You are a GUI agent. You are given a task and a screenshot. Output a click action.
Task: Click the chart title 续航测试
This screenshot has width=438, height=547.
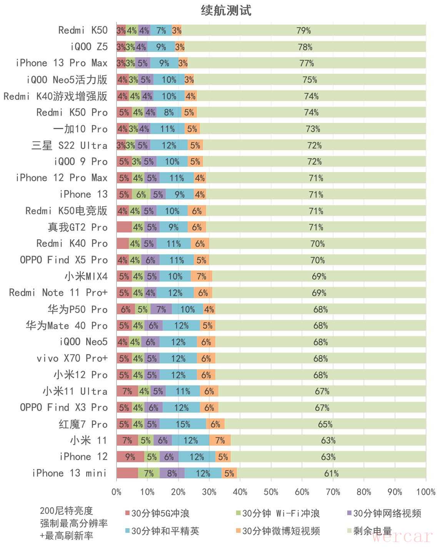coord(226,10)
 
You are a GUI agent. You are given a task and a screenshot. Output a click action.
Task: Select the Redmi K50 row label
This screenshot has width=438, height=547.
coord(83,30)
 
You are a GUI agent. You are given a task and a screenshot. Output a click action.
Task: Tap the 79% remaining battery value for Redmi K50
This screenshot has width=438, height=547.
coord(303,30)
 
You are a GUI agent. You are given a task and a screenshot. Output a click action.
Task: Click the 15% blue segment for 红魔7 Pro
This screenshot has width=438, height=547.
coord(183,424)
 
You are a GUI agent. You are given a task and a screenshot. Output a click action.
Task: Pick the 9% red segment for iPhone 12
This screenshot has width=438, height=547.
coord(130,457)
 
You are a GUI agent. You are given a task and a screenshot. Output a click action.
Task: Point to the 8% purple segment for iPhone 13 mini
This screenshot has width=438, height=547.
coord(172,473)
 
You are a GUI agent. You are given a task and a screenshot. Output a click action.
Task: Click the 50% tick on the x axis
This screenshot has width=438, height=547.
coord(271,492)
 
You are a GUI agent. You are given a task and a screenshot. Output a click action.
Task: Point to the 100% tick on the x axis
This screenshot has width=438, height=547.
coord(426,492)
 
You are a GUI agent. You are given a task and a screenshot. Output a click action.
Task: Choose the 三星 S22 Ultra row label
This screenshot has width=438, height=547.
coord(69,146)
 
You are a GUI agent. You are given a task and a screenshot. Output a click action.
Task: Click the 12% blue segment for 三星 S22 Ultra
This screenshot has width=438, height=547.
coord(169,146)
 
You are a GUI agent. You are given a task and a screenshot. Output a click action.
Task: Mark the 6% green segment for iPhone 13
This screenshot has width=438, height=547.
coord(141,194)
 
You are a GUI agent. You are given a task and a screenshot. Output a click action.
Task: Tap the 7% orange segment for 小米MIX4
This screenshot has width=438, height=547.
coord(201,276)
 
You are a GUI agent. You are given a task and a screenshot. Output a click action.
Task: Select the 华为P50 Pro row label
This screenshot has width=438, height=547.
coord(77,309)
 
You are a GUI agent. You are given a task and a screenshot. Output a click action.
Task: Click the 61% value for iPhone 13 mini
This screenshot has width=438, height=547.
coord(331,473)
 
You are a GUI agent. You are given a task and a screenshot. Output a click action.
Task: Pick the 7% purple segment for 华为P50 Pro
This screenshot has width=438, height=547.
coord(161,309)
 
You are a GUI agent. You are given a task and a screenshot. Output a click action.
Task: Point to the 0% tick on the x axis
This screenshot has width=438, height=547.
coord(117,492)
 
